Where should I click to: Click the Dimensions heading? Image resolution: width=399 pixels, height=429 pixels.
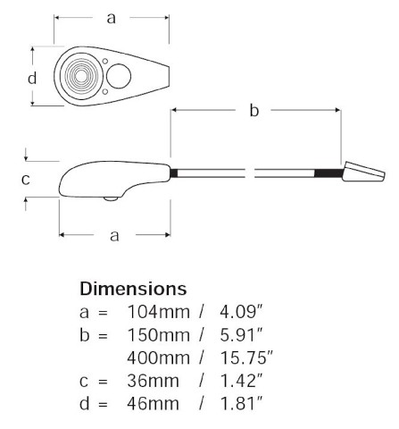click(133, 289)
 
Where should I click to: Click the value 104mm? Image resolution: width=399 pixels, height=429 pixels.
click(159, 312)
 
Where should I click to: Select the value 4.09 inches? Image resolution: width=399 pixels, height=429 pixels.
click(242, 312)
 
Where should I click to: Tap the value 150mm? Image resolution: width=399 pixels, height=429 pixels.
click(159, 335)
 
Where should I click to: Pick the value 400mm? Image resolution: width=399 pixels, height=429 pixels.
click(159, 357)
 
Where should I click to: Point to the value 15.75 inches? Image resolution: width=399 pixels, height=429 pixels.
click(246, 357)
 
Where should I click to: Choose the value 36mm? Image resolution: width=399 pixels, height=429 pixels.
click(154, 381)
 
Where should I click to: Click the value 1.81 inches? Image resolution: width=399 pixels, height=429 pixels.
click(242, 404)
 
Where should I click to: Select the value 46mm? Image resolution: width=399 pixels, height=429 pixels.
click(154, 404)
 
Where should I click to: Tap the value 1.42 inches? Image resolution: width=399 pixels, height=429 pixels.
click(242, 381)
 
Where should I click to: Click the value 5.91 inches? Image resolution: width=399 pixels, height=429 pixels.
click(242, 335)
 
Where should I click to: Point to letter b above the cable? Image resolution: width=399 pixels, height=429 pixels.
click(254, 110)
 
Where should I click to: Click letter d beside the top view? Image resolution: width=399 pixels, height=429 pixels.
click(32, 78)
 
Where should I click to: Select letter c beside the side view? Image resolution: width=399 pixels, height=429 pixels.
click(26, 180)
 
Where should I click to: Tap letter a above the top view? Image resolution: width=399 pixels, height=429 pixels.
click(111, 19)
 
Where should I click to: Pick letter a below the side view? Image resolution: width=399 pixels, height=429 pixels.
click(114, 236)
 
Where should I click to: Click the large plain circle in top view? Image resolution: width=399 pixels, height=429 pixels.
click(119, 76)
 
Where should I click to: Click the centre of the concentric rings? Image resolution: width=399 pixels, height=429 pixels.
click(81, 76)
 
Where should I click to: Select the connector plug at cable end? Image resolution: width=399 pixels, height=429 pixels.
click(363, 172)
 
